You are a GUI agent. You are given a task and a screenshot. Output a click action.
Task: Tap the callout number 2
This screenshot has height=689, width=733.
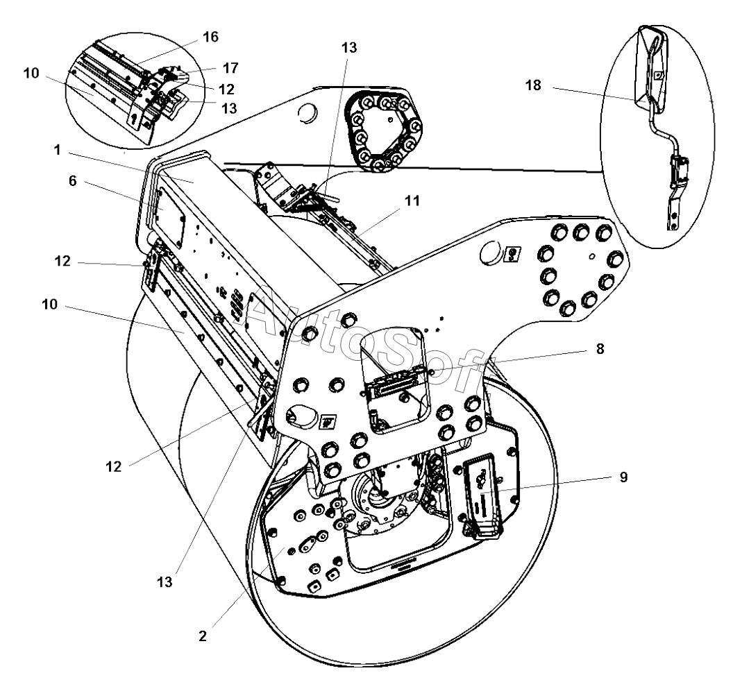click(x=202, y=634)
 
